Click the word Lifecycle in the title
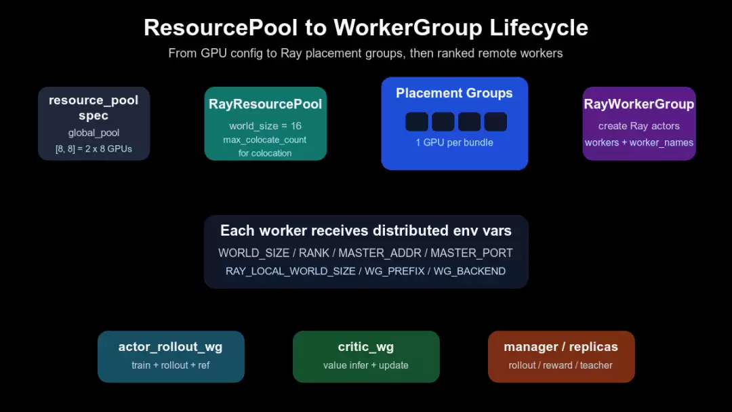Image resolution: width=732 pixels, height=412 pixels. pos(539,28)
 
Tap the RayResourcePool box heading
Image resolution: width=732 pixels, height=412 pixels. pos(265,104)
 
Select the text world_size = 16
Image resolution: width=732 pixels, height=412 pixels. pos(265,126)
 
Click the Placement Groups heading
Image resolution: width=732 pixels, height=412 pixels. pos(454,94)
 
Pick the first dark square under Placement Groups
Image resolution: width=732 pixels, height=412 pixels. pos(417,122)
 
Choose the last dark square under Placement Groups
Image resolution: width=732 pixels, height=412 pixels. pos(495,122)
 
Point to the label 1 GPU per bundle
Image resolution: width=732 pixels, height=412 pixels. pos(454,143)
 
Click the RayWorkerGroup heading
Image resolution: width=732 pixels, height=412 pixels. pos(639,104)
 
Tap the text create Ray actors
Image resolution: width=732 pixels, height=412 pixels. pos(639,126)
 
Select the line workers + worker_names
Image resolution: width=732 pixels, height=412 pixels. pos(639,143)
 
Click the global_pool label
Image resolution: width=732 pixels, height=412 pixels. pos(94,133)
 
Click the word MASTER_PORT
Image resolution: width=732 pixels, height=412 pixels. pos(472,253)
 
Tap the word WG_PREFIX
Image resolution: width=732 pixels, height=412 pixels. pos(395,271)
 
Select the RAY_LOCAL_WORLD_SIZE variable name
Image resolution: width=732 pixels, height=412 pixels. pos(290,271)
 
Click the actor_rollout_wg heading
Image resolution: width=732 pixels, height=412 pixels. pos(170,347)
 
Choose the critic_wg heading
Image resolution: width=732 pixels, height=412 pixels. pos(366,347)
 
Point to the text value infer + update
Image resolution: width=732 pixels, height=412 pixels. pos(366,365)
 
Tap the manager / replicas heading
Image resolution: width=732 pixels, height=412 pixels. pos(561,347)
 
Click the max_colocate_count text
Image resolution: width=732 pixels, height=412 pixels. pos(265,140)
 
